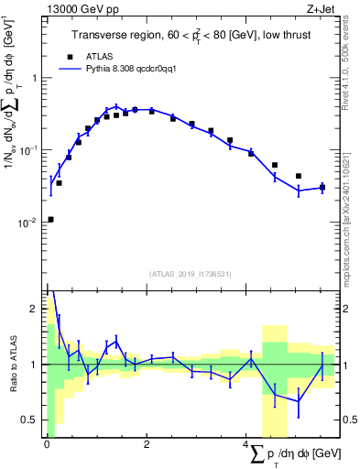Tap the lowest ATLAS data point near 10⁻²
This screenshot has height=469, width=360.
50,219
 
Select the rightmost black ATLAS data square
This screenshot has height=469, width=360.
322,187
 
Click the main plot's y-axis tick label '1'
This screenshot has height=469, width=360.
36,78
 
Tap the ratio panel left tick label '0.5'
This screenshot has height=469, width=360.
30,420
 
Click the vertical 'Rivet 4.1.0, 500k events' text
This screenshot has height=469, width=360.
342,60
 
